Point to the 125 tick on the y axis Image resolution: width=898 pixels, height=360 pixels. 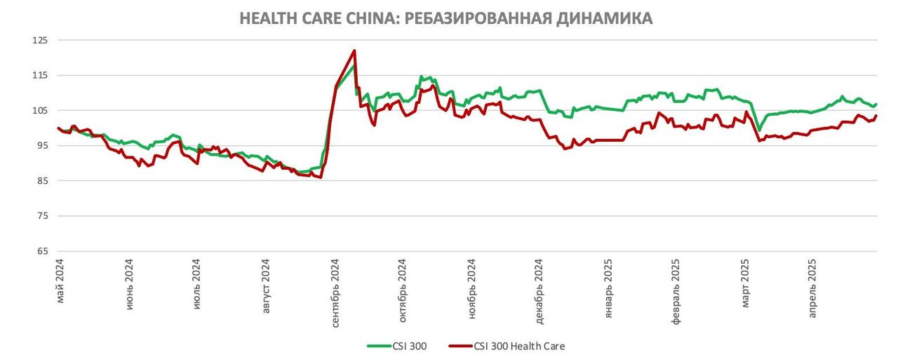(40, 40)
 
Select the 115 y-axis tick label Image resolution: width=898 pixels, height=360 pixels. (40, 75)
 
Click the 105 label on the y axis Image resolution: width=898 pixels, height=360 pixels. (40, 110)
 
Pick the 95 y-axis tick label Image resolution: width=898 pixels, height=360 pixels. (42, 145)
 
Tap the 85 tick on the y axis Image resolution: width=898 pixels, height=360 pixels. (42, 180)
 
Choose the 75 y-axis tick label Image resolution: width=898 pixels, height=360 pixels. (42, 215)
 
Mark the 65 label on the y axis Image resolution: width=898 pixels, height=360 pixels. (42, 251)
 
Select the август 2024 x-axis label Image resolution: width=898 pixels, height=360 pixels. (267, 287)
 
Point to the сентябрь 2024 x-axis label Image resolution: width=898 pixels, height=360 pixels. (335, 292)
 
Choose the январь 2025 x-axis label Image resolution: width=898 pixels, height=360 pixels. (609, 288)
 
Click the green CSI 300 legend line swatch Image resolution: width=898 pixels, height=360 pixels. (382, 346)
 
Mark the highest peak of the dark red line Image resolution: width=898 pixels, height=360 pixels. (355, 51)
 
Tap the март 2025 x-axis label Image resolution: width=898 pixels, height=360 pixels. (746, 285)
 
